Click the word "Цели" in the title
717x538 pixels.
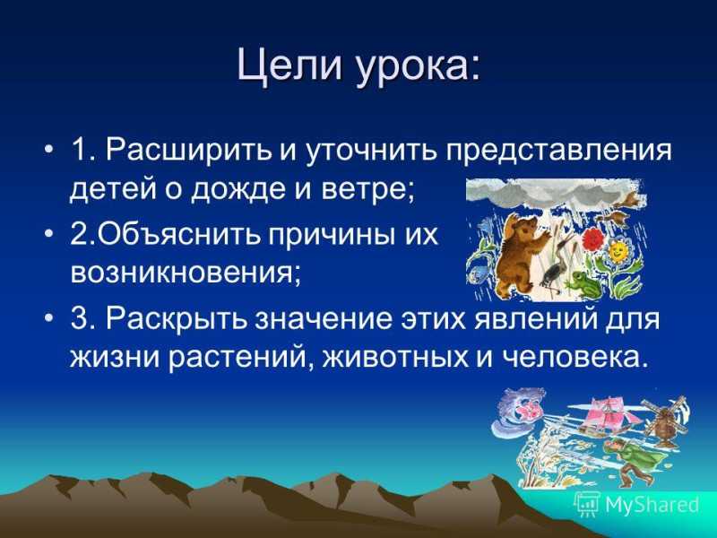289,68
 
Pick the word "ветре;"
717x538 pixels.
368,191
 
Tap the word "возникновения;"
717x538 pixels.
186,274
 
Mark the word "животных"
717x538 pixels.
395,358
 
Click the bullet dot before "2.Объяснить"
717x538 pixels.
49,233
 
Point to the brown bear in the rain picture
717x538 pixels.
521,254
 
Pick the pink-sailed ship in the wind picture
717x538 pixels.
603,416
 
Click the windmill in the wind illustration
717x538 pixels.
662,421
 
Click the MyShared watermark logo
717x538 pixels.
636,504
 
